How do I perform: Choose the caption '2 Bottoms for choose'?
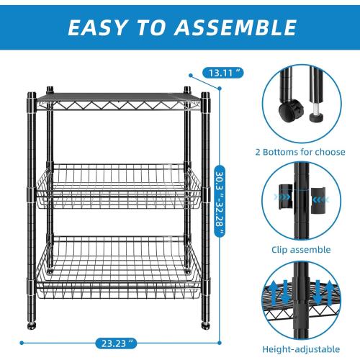(x=298, y=152)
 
